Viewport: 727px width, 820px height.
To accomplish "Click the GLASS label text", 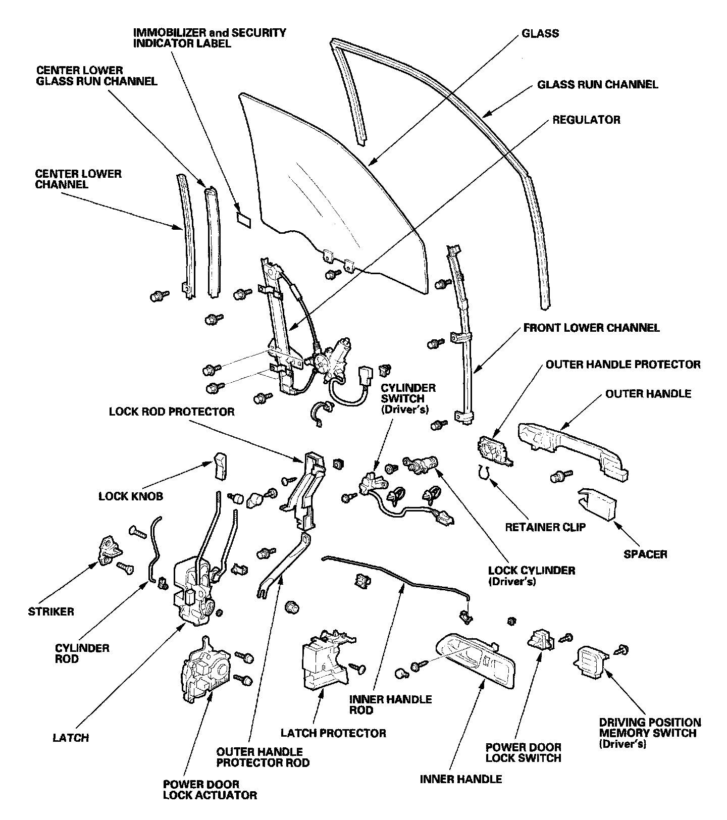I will point(540,34).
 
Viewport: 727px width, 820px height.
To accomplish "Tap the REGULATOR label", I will point(586,120).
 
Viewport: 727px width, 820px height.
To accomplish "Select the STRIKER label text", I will point(50,611).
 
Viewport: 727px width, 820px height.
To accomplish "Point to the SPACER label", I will point(645,554).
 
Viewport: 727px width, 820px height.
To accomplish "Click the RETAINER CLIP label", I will point(545,527).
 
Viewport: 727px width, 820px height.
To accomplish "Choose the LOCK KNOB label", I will point(131,496).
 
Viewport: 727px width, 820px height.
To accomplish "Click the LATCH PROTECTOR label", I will point(333,733).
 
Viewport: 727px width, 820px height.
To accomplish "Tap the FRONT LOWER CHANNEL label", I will point(591,328).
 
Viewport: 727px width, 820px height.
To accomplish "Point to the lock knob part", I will point(220,465).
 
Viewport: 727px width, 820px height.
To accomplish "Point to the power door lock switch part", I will point(540,640).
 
